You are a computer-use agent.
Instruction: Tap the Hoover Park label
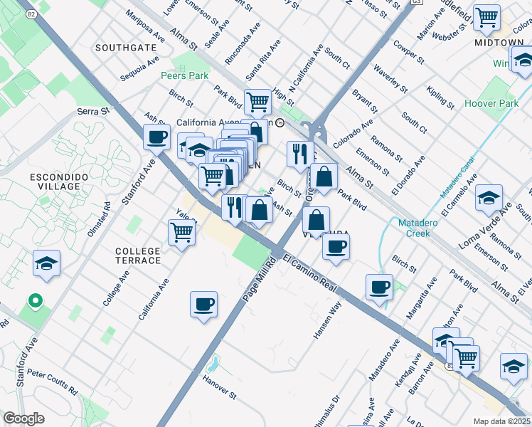(x=491, y=103)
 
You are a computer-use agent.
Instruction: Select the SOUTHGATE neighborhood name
(x=125, y=48)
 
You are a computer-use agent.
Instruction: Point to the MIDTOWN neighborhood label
(x=499, y=43)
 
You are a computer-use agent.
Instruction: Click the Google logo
(x=23, y=418)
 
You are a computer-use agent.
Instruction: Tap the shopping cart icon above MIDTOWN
(x=486, y=18)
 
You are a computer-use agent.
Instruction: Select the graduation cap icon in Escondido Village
(x=47, y=263)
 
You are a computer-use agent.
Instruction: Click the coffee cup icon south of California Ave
(x=203, y=305)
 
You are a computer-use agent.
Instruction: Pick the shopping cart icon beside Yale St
(x=182, y=231)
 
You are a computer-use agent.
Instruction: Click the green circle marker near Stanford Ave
(x=33, y=302)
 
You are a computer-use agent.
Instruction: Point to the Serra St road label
(x=95, y=112)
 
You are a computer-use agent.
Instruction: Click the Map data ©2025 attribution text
(x=501, y=421)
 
